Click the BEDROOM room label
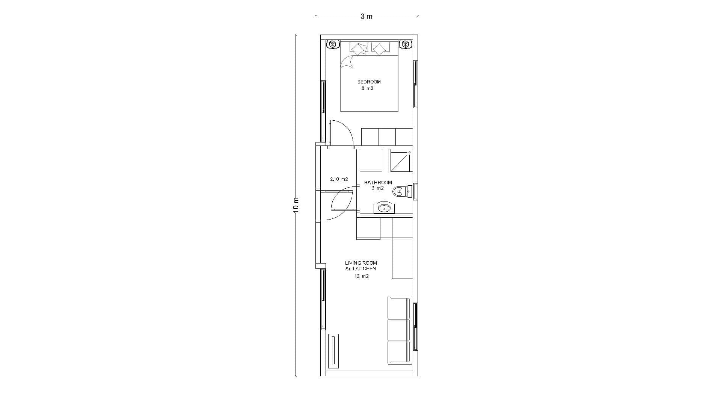369,82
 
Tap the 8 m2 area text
367,89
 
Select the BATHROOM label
378,183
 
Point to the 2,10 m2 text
339,179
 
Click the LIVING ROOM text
361,263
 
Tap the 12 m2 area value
361,276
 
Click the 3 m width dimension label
366,16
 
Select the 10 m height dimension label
296,205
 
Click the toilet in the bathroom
402,192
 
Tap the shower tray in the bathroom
400,161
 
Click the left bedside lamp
333,44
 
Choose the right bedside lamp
405,44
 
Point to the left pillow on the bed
359,49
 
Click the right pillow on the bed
380,49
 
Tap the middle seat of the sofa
399,330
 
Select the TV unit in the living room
333,351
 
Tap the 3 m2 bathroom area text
378,188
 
